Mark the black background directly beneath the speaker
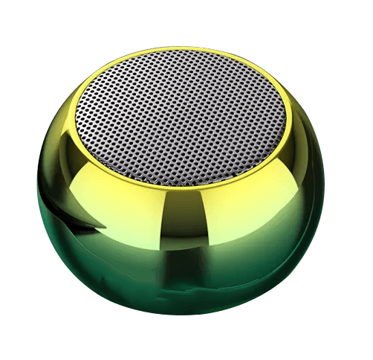(x=186, y=354)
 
